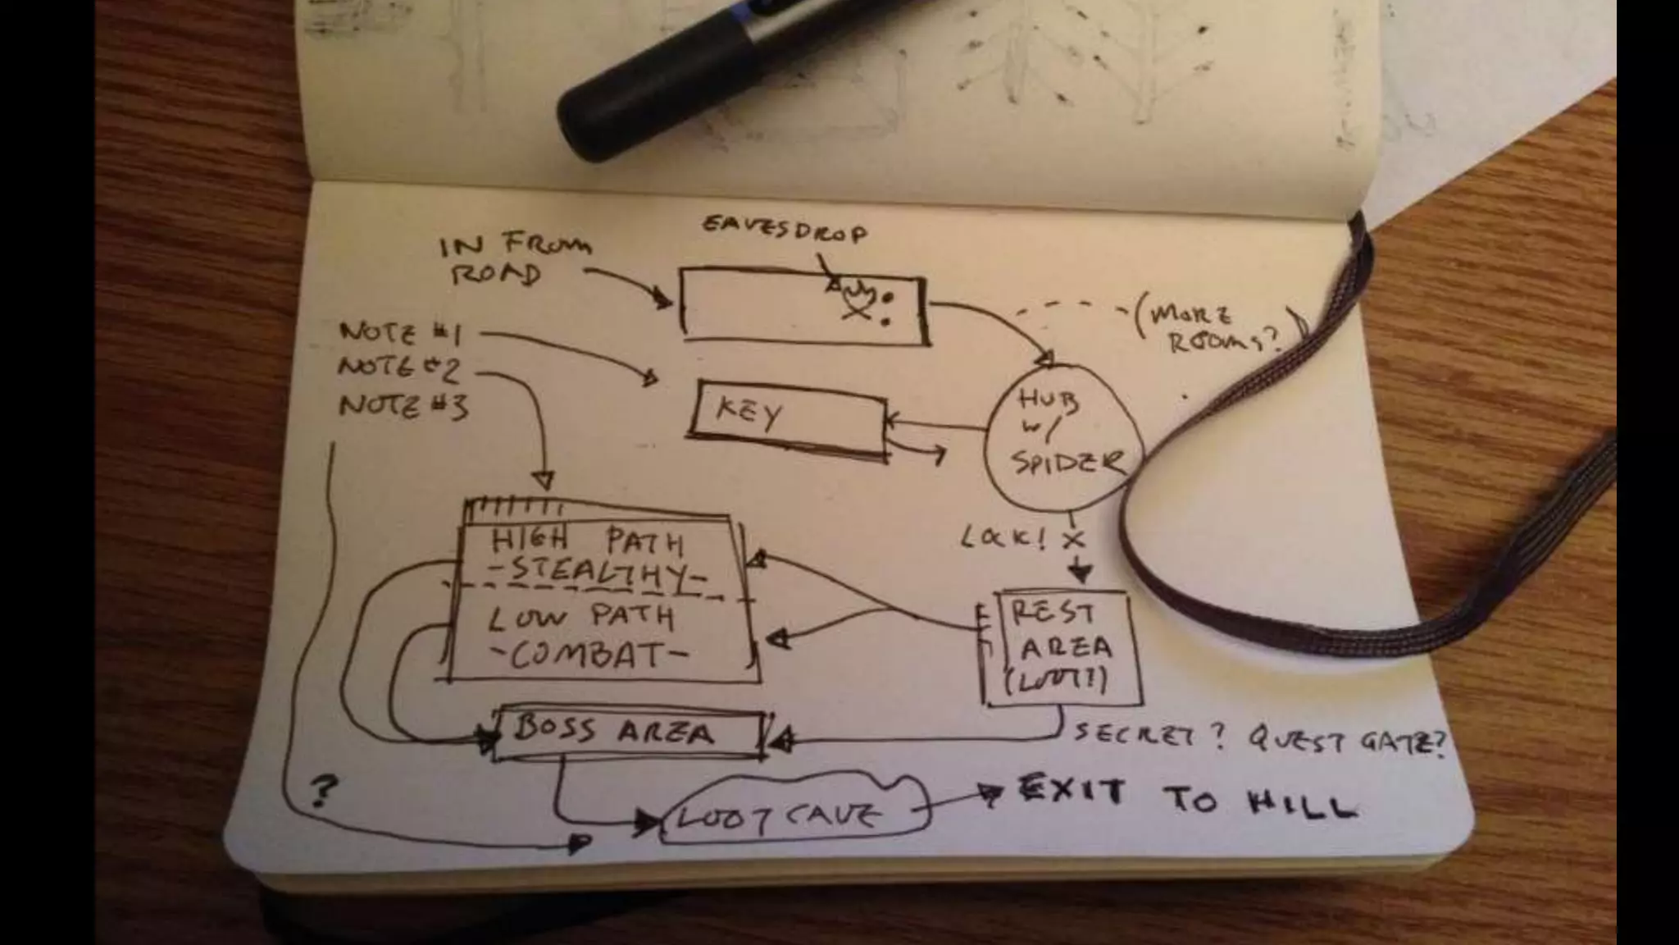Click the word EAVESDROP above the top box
click(784, 231)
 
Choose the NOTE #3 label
click(403, 405)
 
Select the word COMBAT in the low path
click(590, 655)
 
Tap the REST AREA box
click(1064, 648)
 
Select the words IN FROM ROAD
click(513, 258)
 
